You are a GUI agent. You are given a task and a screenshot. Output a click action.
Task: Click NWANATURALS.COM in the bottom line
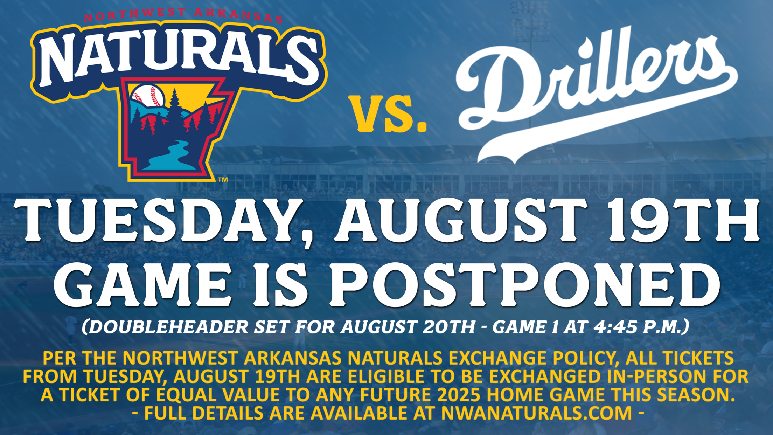[x=536, y=413]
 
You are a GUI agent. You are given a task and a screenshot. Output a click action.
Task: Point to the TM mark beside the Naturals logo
[x=223, y=180]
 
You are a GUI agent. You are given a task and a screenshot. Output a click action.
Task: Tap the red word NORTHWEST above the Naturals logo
[x=135, y=14]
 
